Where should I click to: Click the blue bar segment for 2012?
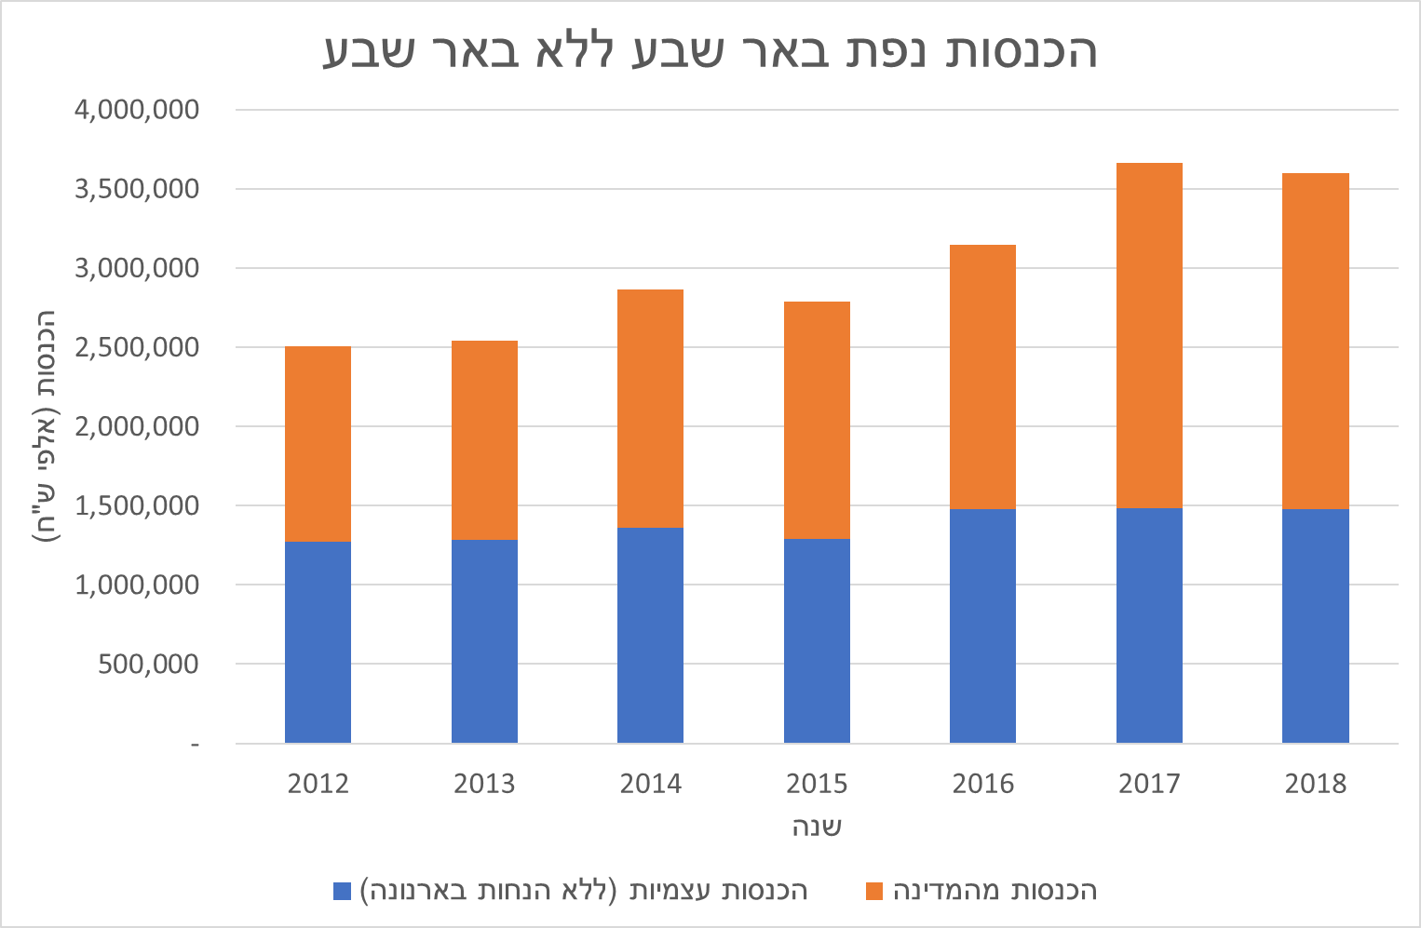point(318,641)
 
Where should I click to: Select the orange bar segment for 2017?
point(1149,335)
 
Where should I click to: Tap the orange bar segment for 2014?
point(650,409)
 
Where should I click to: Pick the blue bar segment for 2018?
point(1315,625)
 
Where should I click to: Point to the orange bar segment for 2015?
point(817,420)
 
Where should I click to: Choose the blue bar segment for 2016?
point(982,625)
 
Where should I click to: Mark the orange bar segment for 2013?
point(484,439)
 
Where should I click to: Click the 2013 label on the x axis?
point(484,784)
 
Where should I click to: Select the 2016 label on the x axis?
point(982,784)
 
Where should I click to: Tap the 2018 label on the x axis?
point(1315,784)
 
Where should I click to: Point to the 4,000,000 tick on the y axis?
point(137,110)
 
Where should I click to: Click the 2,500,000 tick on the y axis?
point(137,347)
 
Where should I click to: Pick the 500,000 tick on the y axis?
point(149,664)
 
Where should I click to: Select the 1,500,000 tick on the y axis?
point(137,505)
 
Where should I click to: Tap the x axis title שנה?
point(817,827)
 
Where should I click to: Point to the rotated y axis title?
point(46,427)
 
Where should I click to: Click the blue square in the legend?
point(342,891)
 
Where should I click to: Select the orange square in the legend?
point(873,891)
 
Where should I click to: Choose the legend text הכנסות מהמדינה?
point(995,891)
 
